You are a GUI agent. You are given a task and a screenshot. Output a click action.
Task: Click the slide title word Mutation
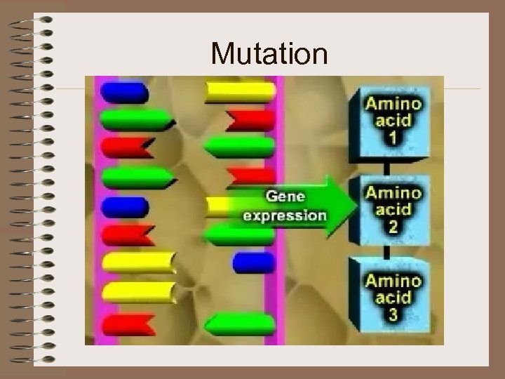269,54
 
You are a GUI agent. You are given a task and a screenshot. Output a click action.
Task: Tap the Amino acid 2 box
393,208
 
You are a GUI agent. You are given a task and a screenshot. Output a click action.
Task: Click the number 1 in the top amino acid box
393,138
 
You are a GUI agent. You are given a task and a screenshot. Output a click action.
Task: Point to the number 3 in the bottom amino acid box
393,315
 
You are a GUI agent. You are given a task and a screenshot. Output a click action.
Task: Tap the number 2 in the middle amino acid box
393,226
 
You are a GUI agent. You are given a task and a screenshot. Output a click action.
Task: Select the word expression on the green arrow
285,215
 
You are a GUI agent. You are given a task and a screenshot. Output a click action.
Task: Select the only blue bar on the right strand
253,263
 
